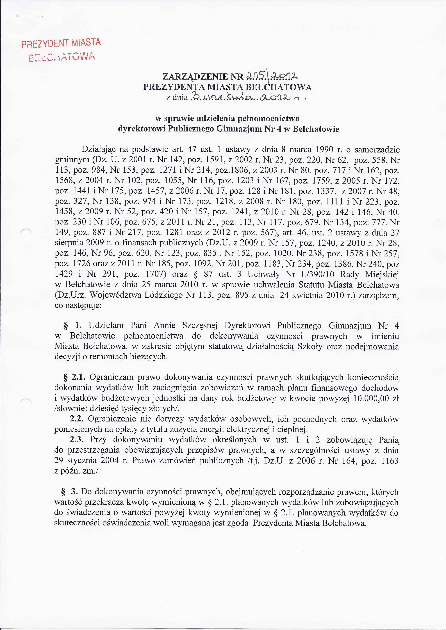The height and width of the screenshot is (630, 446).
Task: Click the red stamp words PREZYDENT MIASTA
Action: click(x=61, y=43)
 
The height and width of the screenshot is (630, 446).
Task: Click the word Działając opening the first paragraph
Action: click(x=100, y=150)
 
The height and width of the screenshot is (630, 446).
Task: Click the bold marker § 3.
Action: click(x=70, y=492)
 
